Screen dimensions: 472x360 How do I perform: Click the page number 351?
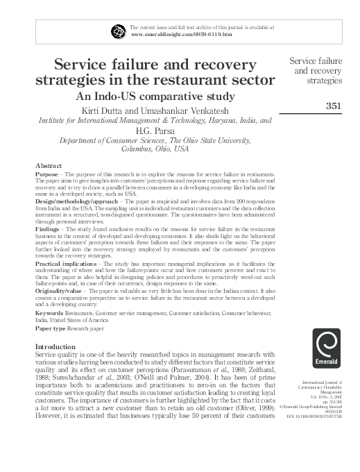[336, 105]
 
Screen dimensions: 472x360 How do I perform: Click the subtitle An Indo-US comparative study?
[155, 96]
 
